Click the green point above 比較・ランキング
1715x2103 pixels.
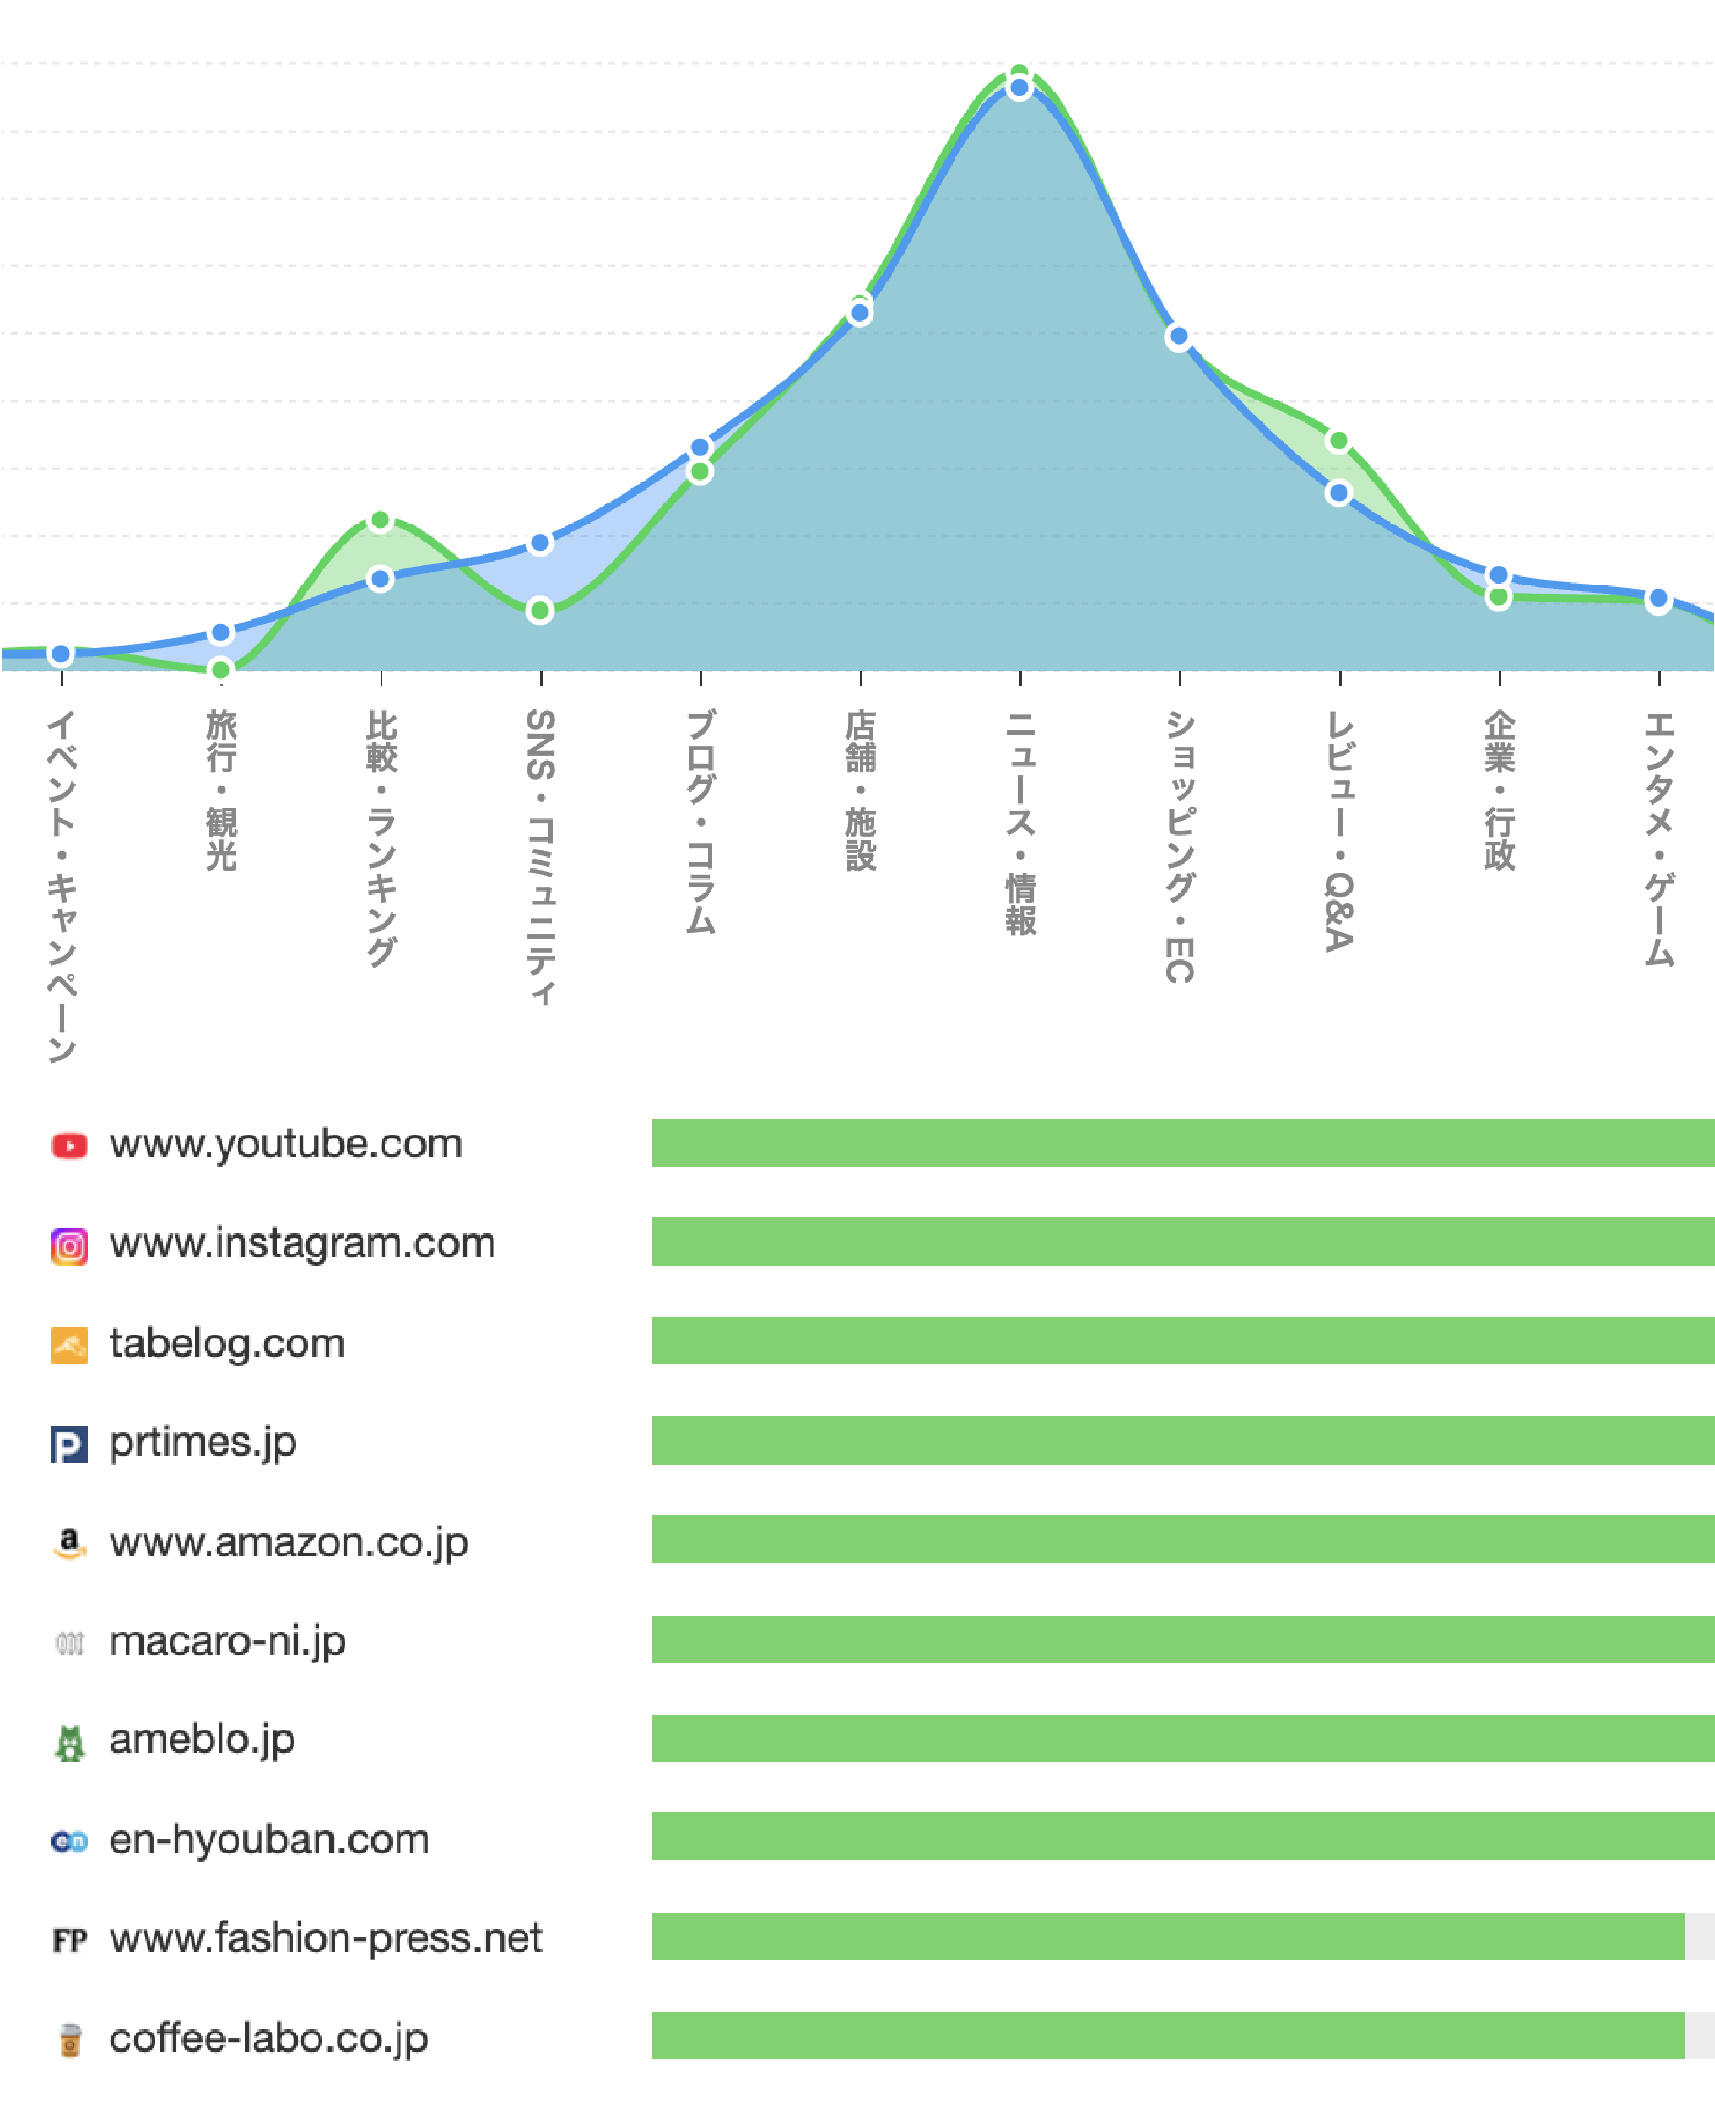coord(380,521)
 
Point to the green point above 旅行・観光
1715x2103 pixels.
coord(221,669)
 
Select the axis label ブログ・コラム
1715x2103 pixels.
coord(701,821)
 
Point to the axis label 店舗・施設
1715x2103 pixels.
coord(860,790)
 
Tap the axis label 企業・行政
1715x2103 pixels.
coord(1499,790)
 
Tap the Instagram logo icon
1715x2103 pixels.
coord(69,1245)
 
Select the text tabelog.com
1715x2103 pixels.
coord(227,1344)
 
